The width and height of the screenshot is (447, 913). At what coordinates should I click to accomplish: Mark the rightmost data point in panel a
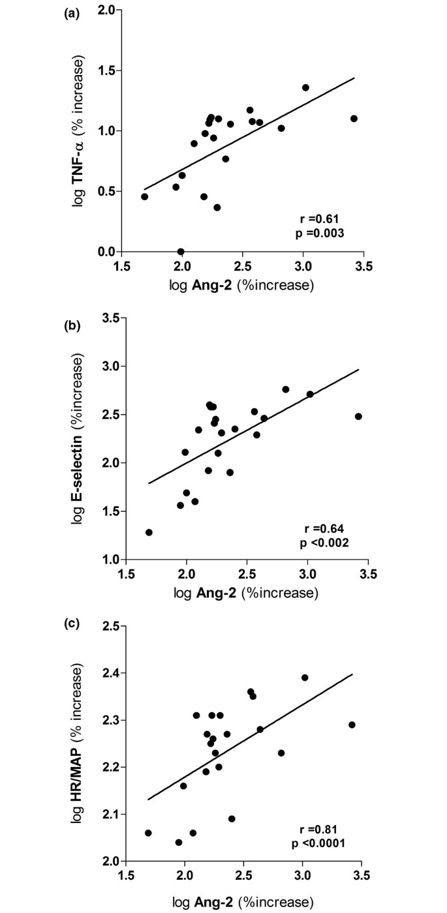[x=354, y=119]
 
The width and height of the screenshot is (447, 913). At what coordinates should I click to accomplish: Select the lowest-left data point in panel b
[x=149, y=532]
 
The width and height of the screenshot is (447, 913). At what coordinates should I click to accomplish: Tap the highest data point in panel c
[x=305, y=678]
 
